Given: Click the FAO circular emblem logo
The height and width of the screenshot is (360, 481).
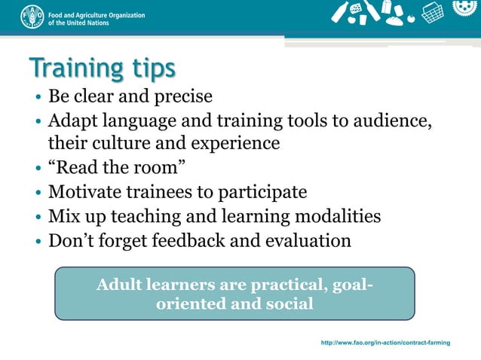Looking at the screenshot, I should pyautogui.click(x=32, y=17).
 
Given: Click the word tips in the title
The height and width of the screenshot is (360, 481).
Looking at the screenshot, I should pyautogui.click(x=149, y=69).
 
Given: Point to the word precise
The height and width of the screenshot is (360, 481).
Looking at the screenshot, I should pyautogui.click(x=182, y=97).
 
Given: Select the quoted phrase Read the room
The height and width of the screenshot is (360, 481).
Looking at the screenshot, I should pyautogui.click(x=117, y=167).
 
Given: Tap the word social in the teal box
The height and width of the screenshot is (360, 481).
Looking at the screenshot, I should pyautogui.click(x=290, y=304).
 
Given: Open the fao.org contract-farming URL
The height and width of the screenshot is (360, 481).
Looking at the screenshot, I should pyautogui.click(x=385, y=343).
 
